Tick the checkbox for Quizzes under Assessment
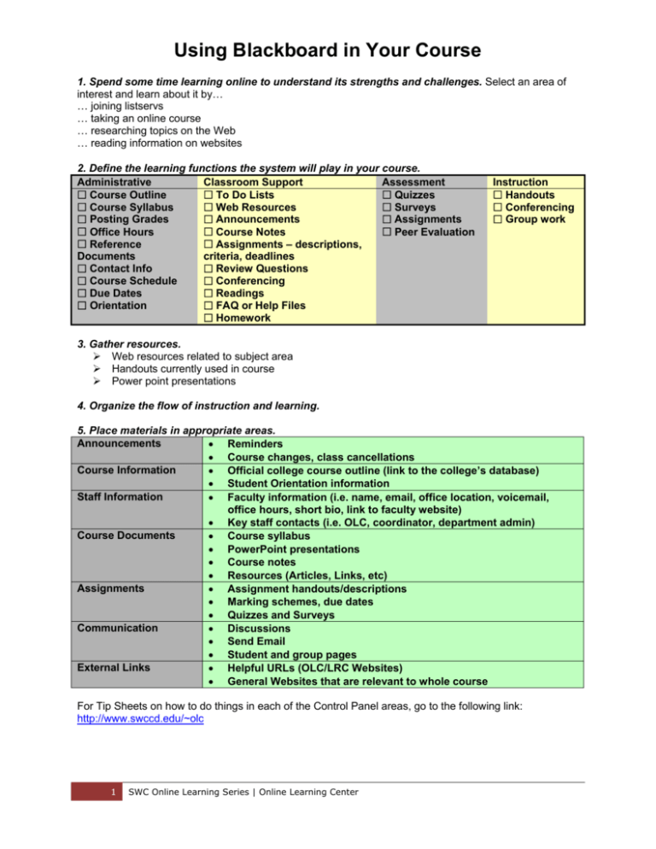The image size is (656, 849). click(x=387, y=196)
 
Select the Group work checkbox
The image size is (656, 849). click(x=498, y=220)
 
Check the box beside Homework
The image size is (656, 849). click(x=209, y=318)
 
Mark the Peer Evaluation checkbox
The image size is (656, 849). click(x=387, y=231)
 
